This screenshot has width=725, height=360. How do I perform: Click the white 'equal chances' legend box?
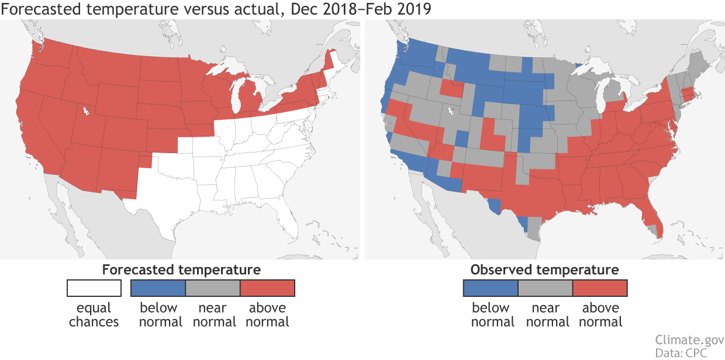coord(94,288)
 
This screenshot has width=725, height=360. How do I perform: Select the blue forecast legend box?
coord(158,288)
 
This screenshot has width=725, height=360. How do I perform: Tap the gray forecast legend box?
coord(213,288)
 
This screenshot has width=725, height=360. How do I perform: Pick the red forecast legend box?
coord(268,288)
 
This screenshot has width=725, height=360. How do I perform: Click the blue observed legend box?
coord(490,288)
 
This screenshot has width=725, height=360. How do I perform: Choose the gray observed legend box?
coord(545,288)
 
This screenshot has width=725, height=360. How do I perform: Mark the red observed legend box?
coord(600,288)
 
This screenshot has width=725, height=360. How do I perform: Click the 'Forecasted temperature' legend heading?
coord(181,269)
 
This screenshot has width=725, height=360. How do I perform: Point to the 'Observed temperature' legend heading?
coord(544,269)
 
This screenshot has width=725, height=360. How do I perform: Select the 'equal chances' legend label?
coord(94,314)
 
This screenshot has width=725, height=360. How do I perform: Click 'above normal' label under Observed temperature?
coord(600,314)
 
